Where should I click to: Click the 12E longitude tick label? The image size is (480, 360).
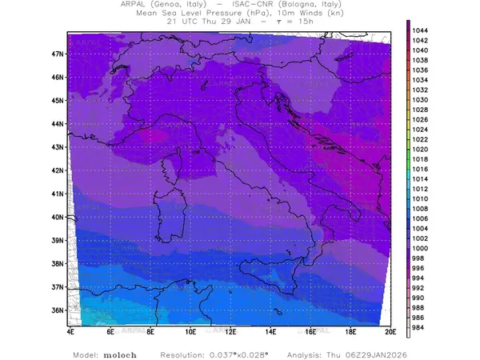pos(230,330)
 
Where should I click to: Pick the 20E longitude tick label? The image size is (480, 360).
pos(390,330)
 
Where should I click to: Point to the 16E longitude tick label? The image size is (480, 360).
pos(310,330)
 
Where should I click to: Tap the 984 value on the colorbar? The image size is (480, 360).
pos(421,327)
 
